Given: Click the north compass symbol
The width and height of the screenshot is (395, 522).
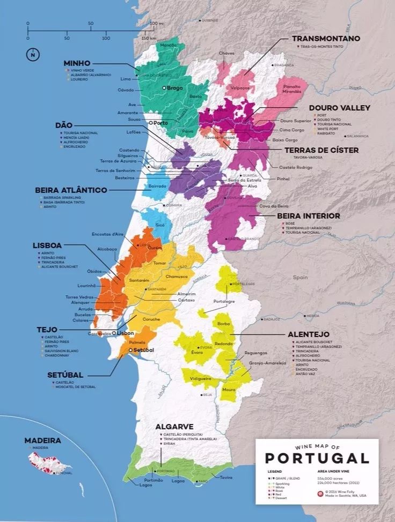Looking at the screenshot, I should coord(33,54).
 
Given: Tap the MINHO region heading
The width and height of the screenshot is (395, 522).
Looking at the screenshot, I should coord(77,63).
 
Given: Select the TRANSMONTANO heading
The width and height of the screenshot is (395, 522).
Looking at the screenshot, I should coord(326,39).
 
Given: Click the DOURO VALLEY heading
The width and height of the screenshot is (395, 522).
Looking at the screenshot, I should coord(339,108).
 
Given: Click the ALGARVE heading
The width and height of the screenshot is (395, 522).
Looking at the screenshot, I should coord(174,427).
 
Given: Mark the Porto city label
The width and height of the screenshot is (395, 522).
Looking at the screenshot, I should coord(161,123).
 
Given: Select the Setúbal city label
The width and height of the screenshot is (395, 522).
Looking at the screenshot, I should coord(143,350).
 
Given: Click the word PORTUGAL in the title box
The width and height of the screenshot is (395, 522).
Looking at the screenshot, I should coord(317,458).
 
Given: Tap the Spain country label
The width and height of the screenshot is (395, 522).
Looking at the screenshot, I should coord(300,278).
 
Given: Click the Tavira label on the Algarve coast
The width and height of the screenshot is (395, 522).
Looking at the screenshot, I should coord(226,477).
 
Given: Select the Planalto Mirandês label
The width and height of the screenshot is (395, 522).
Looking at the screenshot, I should coord(291,88).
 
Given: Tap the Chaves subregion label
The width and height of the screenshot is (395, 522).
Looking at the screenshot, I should coord(226,53).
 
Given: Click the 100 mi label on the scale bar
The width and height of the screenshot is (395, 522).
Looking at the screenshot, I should coord(156,24).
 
